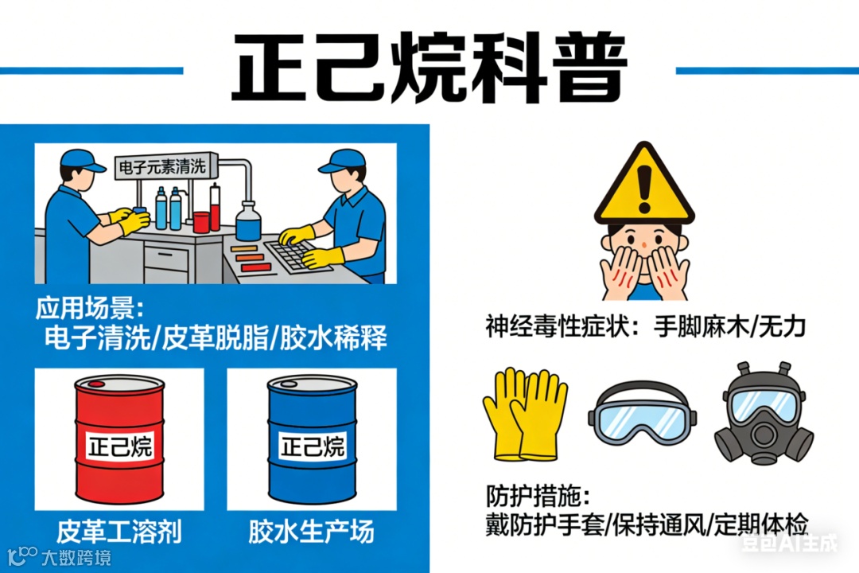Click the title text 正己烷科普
coord(429,67)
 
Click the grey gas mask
coord(764,414)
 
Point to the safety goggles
coord(642,412)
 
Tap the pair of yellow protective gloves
coord(525,414)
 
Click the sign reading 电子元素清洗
coord(163,166)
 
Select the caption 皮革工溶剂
coord(119,532)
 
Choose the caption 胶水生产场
coord(311,532)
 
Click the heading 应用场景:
coord(90,308)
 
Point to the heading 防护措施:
coord(538,497)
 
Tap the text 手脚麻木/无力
coord(729,327)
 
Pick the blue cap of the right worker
coord(342,161)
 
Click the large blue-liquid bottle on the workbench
coord(248,221)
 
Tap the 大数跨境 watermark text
coord(76,558)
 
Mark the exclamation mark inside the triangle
coord(645,189)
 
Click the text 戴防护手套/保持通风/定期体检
coord(647,525)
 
